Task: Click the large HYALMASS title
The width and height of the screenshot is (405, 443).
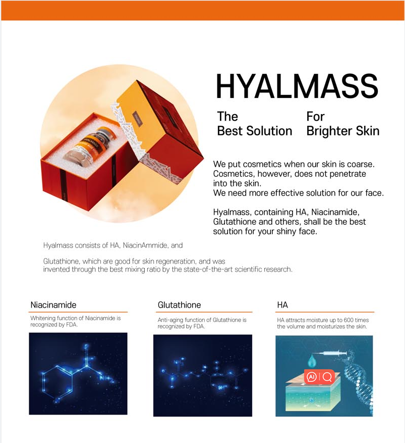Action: (297, 86)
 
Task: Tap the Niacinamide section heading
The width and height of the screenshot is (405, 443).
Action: (53, 305)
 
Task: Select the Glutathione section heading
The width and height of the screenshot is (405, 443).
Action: (180, 305)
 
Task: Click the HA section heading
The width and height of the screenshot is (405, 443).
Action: (282, 305)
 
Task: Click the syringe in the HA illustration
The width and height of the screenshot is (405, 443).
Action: (330, 353)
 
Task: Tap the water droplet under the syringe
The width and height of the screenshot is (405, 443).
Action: (312, 362)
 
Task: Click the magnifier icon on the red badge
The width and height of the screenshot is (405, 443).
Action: (327, 377)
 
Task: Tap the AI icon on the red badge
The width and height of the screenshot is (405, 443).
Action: (312, 377)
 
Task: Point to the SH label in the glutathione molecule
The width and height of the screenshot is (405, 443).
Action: (222, 387)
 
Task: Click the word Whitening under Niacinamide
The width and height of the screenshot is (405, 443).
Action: (43, 318)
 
